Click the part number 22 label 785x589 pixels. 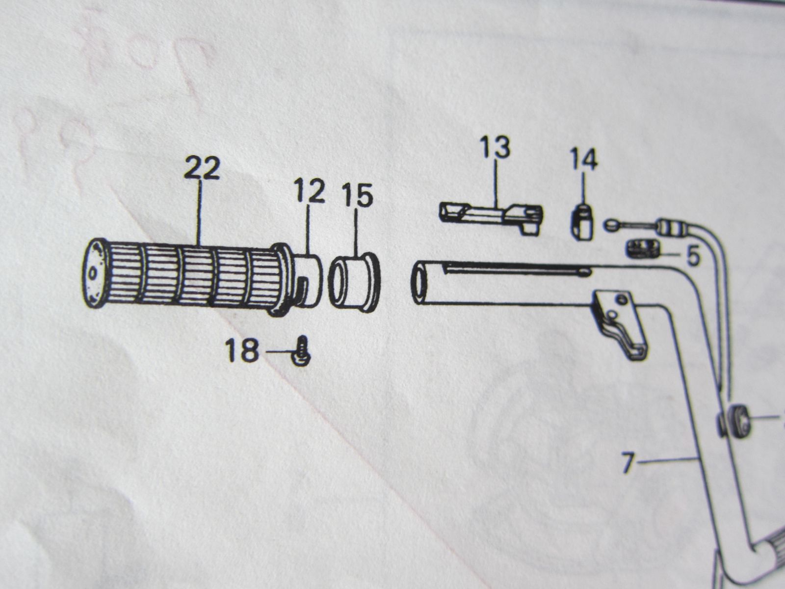coord(202,169)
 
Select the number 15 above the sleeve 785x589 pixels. coord(357,195)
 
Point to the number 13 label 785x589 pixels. coord(495,147)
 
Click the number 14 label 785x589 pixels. coord(584,160)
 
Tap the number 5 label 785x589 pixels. coord(693,256)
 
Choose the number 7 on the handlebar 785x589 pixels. coord(628,463)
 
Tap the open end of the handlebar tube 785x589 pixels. coord(420,282)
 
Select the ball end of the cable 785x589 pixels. coord(610,224)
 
